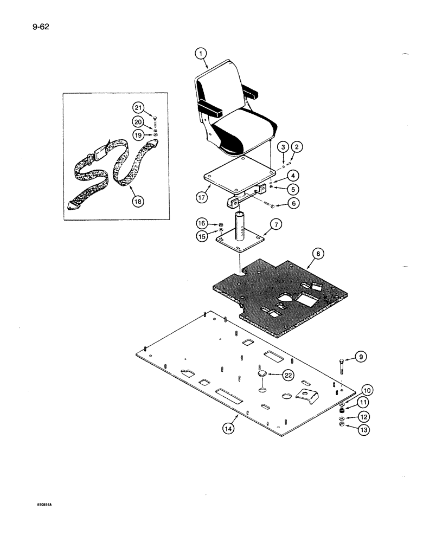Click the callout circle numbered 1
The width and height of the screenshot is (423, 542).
point(201,53)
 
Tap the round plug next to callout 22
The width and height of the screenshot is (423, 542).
point(262,374)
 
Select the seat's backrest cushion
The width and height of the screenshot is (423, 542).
point(216,92)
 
